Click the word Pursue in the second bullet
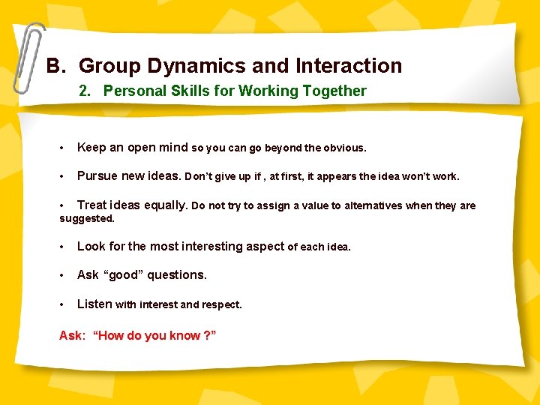(x=97, y=176)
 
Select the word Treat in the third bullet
(x=92, y=205)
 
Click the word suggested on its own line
(x=86, y=218)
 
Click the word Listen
(x=94, y=304)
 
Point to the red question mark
(x=207, y=335)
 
